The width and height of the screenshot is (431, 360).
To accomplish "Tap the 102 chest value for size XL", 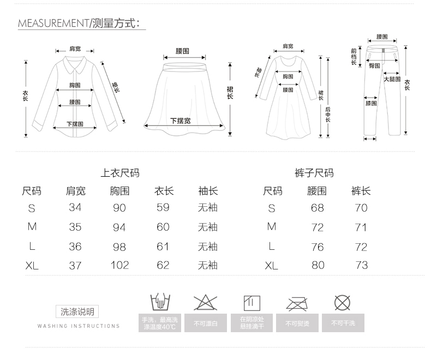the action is [119, 265].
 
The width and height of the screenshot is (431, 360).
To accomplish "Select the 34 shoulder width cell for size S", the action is [75, 207].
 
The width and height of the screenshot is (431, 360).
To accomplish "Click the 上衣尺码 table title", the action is [120, 173].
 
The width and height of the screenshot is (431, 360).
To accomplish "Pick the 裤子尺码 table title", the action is [314, 173].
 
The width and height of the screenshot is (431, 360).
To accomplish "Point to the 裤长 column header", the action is [361, 191].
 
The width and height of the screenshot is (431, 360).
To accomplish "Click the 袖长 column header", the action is [208, 191].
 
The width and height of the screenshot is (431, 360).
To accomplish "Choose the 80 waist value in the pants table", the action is [317, 265].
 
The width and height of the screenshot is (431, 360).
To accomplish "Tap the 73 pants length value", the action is [361, 265].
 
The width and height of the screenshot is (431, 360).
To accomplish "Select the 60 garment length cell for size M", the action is [163, 227].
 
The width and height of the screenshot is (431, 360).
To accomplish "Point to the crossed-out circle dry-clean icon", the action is [342, 302].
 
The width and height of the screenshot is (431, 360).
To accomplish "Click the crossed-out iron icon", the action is [297, 303].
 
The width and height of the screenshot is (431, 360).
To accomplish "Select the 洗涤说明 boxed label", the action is [77, 311].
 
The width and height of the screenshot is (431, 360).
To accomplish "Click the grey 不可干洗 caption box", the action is [343, 323].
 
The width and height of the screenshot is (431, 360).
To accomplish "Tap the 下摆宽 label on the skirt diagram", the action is [180, 121].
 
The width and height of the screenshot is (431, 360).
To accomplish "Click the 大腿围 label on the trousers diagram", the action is [392, 79].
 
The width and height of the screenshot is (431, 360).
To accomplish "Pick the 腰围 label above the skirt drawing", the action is [182, 51].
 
